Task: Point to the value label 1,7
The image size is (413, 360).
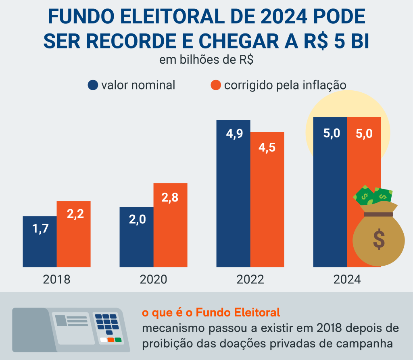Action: [40, 229]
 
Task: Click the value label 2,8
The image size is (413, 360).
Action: [170, 198]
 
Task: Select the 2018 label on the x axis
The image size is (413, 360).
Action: [56, 279]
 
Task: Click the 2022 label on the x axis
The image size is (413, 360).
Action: [250, 279]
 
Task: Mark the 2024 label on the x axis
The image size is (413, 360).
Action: [347, 279]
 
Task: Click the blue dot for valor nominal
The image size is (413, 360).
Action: [93, 85]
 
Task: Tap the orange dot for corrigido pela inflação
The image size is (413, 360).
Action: [216, 85]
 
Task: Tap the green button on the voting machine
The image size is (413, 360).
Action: [118, 340]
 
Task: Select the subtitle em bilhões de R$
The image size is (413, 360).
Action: [206, 60]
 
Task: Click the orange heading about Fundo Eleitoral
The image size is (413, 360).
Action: [211, 312]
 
